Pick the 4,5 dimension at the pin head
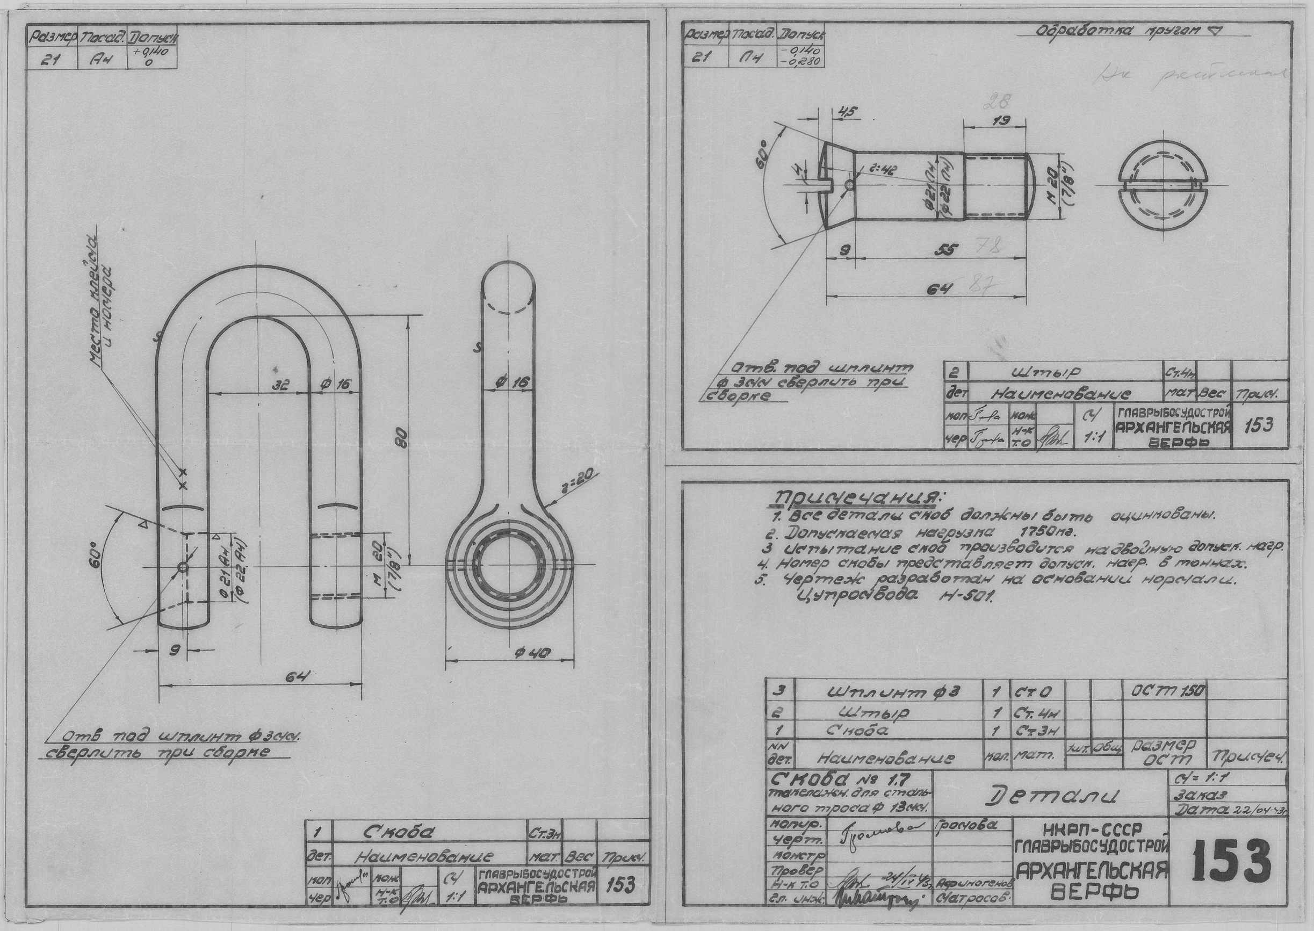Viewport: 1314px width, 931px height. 846,112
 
